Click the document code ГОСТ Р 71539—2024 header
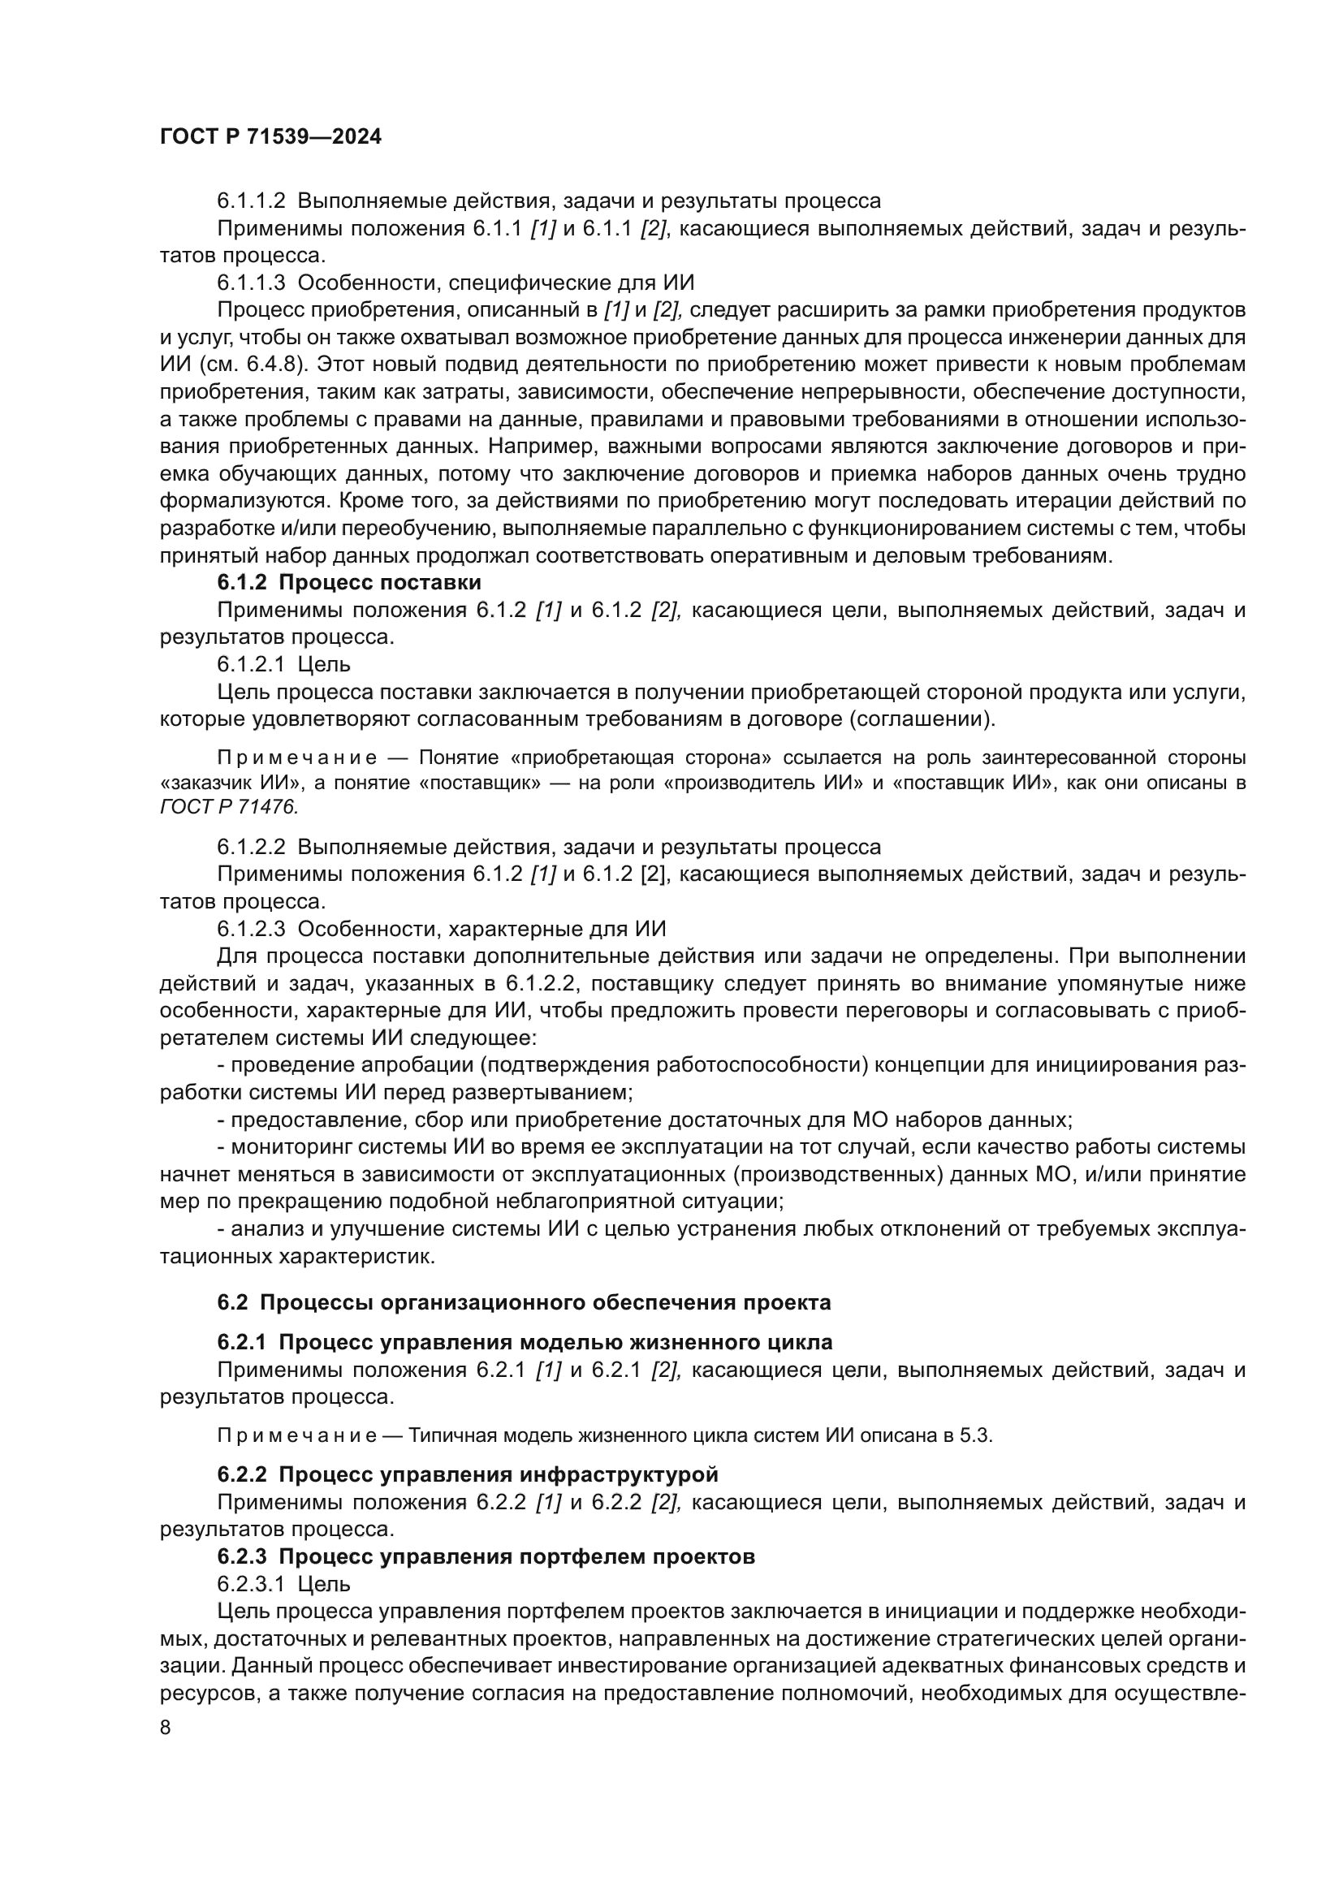(270, 137)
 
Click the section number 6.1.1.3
(251, 283)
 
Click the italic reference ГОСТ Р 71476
(227, 807)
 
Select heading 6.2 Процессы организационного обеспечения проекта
(524, 1301)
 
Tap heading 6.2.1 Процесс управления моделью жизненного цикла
(525, 1341)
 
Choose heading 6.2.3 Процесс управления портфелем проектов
(486, 1556)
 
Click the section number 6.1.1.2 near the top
(251, 201)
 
